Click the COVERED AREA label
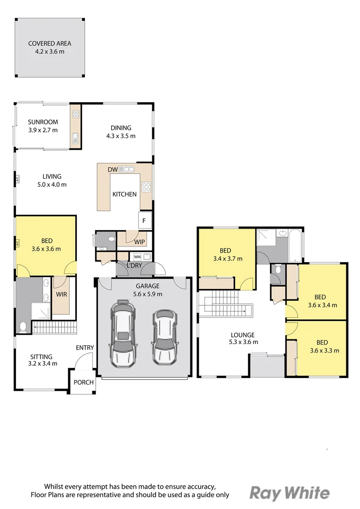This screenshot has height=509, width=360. (49, 43)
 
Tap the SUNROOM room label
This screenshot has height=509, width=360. (43, 122)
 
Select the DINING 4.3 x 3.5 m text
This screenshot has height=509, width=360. (121, 132)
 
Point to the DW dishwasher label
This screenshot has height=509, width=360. (113, 170)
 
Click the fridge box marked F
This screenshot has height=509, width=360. (144, 221)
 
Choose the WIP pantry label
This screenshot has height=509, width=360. (139, 242)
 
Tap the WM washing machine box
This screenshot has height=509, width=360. (137, 257)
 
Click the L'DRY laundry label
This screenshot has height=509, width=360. (134, 265)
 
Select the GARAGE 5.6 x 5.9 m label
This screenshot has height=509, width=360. (147, 290)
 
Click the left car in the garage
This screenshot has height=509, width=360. (123, 333)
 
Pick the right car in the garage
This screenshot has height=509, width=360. (164, 337)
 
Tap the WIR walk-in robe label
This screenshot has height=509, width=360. (61, 295)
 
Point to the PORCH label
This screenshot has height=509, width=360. (83, 382)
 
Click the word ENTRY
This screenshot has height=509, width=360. (85, 348)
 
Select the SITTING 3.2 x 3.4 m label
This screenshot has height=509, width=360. (42, 360)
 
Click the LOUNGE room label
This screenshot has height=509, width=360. (243, 335)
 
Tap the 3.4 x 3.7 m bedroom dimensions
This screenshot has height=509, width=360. (228, 259)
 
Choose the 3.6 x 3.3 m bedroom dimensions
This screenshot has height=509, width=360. (325, 351)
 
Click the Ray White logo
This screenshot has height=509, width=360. (290, 493)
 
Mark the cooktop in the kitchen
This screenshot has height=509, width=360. (146, 187)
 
